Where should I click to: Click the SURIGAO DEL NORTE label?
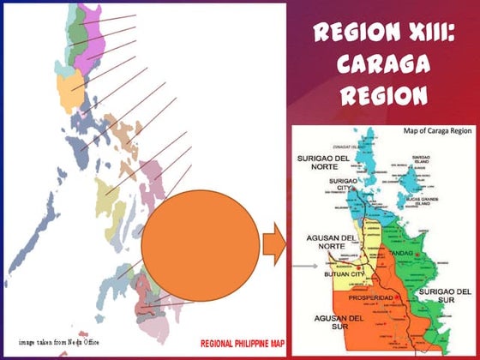(x=324, y=164)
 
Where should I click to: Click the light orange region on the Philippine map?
(x=66, y=87)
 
